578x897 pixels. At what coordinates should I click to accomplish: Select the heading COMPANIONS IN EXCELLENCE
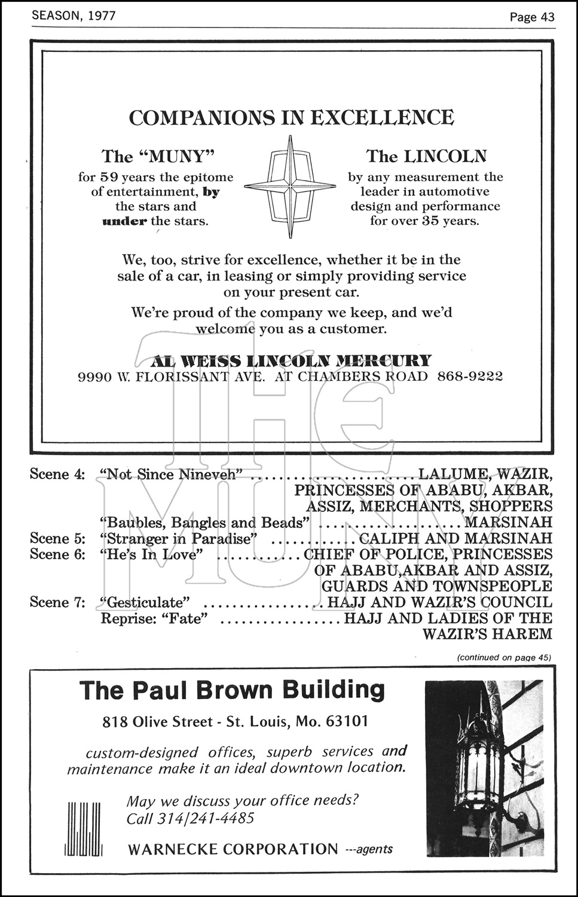pyautogui.click(x=292, y=117)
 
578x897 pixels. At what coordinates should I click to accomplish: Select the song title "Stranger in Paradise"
pyautogui.click(x=178, y=538)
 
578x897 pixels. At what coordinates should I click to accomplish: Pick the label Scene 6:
pyautogui.click(x=58, y=554)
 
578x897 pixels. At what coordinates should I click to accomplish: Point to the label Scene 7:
pyautogui.click(x=58, y=602)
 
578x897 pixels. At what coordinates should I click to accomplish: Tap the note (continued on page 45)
pyautogui.click(x=503, y=657)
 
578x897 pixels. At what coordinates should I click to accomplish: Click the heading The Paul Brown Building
pyautogui.click(x=233, y=690)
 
